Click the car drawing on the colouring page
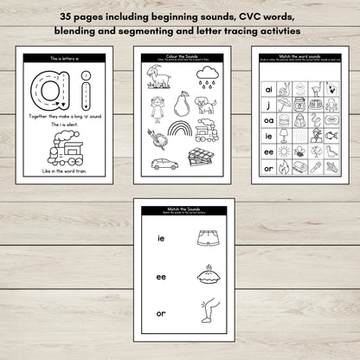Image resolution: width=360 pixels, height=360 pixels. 164,163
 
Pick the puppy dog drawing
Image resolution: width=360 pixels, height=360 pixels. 207,105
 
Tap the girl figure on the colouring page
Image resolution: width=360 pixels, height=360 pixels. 157,107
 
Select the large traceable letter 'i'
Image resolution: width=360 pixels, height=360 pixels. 85,93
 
